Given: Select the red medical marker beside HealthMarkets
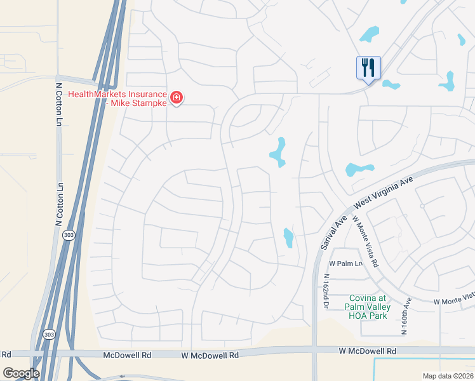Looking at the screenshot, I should click(176, 98).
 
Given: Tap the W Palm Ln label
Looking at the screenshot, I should click(345, 264).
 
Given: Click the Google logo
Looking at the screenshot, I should click(21, 373).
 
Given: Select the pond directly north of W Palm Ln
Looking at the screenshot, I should click(288, 237).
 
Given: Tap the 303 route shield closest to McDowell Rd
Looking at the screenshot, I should click(49, 333).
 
